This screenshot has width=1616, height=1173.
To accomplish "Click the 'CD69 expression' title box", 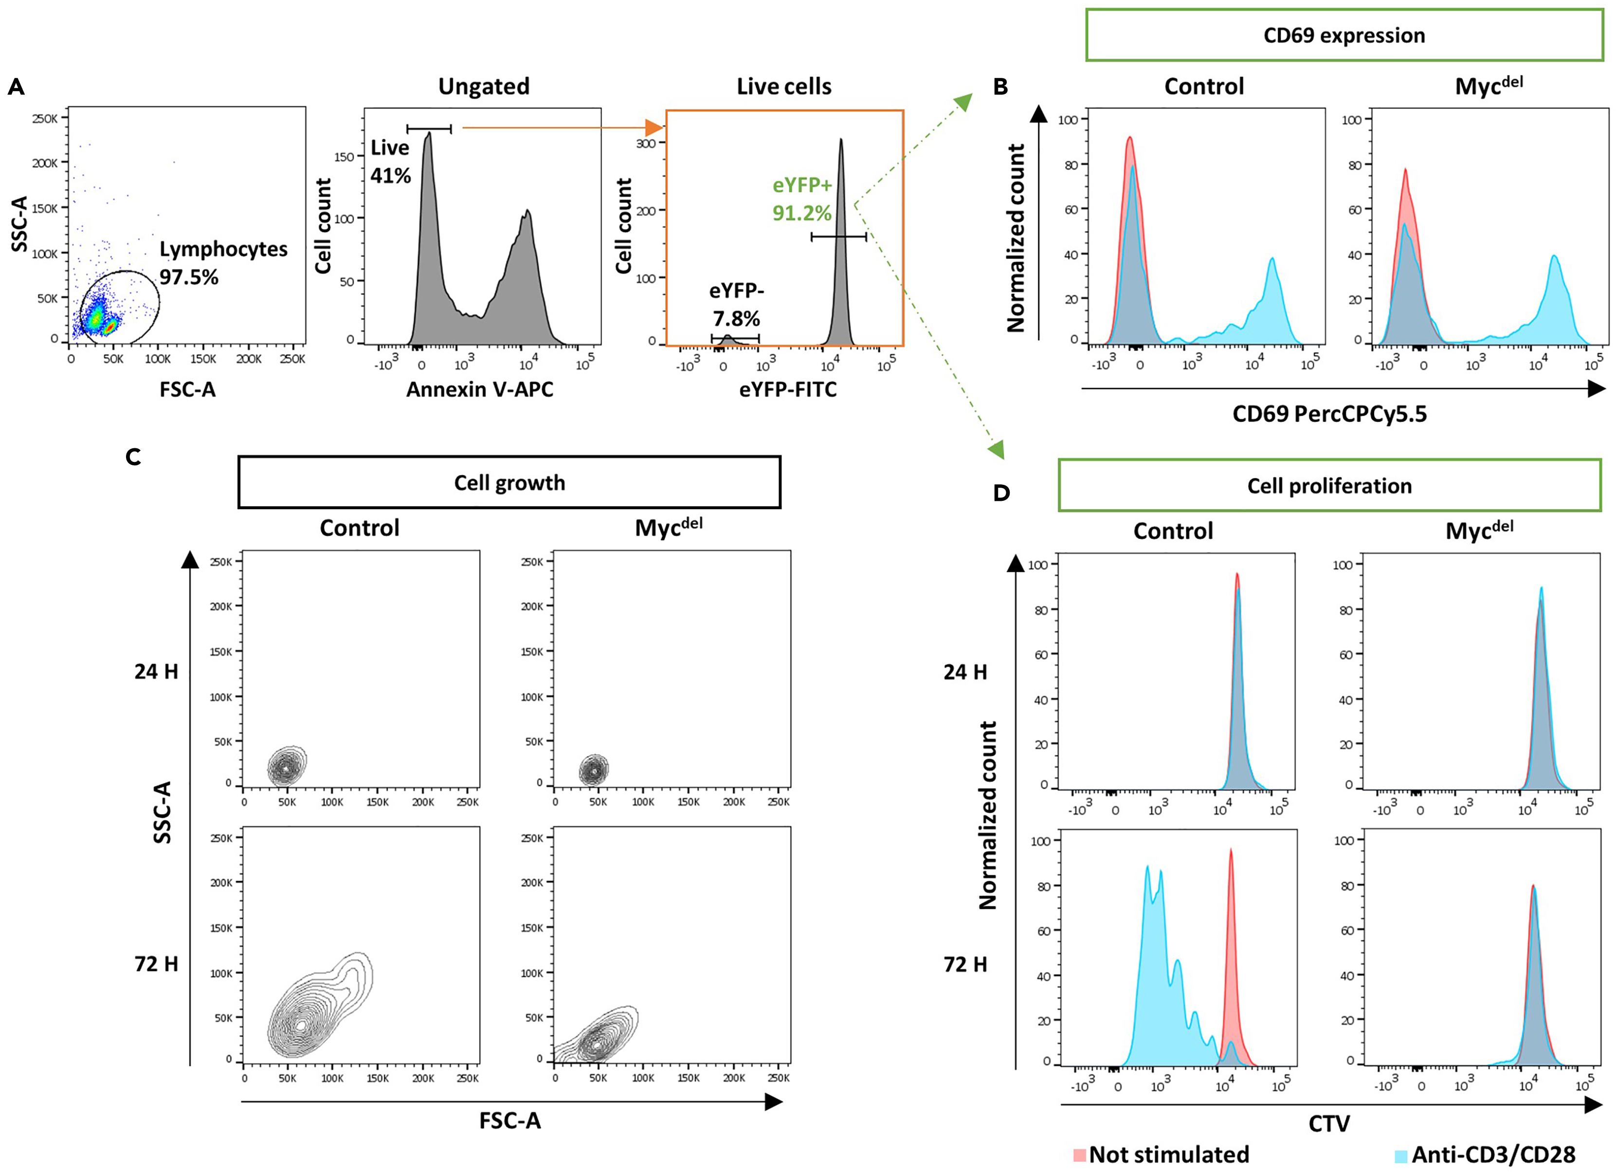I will point(1344,36).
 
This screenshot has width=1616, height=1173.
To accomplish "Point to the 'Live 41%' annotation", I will point(390,162).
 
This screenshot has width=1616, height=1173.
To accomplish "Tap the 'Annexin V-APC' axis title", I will point(479,389).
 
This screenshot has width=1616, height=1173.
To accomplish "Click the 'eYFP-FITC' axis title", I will point(787,389).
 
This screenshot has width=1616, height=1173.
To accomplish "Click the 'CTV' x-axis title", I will point(1329,1124).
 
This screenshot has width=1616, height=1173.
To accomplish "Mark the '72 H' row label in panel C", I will point(156,964).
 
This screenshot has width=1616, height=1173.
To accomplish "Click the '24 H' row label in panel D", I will point(965,672).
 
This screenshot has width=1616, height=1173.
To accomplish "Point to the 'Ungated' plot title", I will point(484,86).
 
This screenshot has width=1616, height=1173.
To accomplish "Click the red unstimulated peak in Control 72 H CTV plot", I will point(1231,926).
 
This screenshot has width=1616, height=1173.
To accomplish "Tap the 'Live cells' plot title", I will point(784,86).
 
